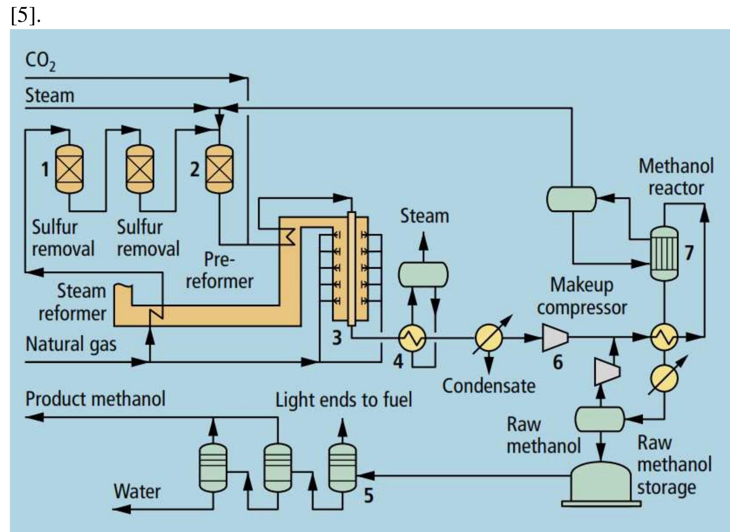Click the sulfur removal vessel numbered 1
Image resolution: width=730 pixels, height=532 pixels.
pyautogui.click(x=69, y=169)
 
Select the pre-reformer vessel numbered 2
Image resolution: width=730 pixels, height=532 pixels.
pyautogui.click(x=219, y=169)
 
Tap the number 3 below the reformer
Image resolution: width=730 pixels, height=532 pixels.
pyautogui.click(x=336, y=338)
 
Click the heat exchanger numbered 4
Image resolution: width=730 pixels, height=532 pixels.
pyautogui.click(x=412, y=338)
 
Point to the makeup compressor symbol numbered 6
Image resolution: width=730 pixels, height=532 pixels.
pyautogui.click(x=555, y=338)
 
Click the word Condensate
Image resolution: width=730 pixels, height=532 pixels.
pyautogui.click(x=489, y=386)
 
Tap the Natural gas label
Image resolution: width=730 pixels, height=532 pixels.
pyautogui.click(x=71, y=344)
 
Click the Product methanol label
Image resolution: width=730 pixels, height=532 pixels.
pyautogui.click(x=95, y=399)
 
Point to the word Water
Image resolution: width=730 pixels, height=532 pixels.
pyautogui.click(x=137, y=491)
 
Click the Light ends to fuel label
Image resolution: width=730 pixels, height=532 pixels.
pyautogui.click(x=343, y=400)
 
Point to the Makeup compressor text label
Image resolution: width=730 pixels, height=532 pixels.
pyautogui.click(x=581, y=296)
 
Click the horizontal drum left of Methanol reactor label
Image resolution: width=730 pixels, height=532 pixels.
pyautogui.click(x=571, y=199)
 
